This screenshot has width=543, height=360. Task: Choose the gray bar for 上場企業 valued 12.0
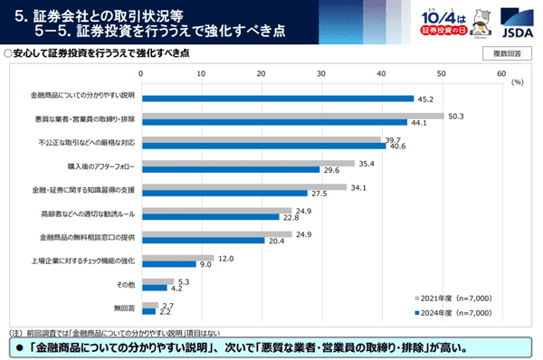177,259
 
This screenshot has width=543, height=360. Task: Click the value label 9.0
205,264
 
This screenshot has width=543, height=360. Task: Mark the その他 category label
126,286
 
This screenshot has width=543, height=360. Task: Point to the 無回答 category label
126,308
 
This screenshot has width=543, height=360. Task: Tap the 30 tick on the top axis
321,72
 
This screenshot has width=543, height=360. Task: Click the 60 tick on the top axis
500,72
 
